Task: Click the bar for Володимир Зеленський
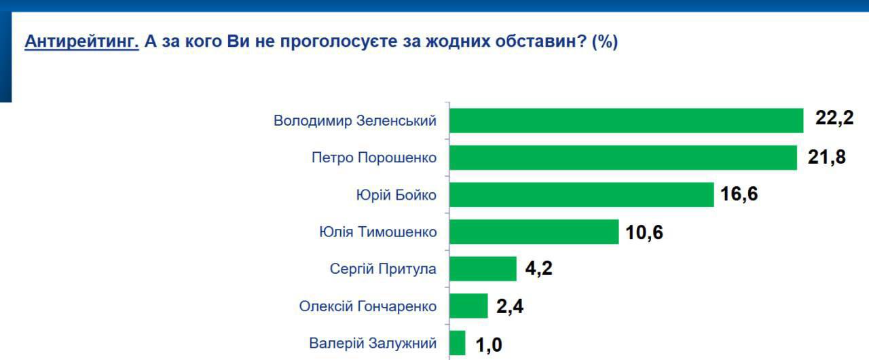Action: pyautogui.click(x=626, y=121)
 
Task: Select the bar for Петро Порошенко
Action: pyautogui.click(x=623, y=158)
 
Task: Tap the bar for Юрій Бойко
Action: pyautogui.click(x=581, y=195)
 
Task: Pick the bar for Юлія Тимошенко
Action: pyautogui.click(x=534, y=232)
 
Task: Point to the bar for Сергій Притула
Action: pyautogui.click(x=483, y=269)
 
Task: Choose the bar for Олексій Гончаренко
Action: pyautogui.click(x=468, y=306)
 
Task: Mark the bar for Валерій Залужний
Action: pyautogui.click(x=457, y=343)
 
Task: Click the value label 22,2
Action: pyautogui.click(x=834, y=120)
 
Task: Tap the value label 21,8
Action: pyautogui.click(x=827, y=158)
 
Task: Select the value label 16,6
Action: pyautogui.click(x=739, y=195)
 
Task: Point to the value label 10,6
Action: pyautogui.click(x=644, y=232)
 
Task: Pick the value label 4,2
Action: pyautogui.click(x=539, y=269)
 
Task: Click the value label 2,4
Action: pyautogui.click(x=510, y=306)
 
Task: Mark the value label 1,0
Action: pyautogui.click(x=488, y=344)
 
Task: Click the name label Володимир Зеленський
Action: pyautogui.click(x=355, y=122)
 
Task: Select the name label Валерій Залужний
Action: pyautogui.click(x=373, y=344)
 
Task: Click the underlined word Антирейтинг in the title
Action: pyautogui.click(x=81, y=41)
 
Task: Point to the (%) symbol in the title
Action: pyautogui.click(x=605, y=41)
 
